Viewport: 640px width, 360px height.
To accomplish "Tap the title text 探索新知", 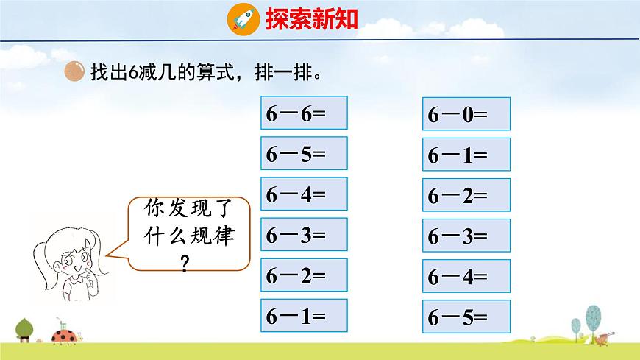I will tap(312, 18).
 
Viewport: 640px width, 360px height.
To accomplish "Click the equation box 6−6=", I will tap(304, 115).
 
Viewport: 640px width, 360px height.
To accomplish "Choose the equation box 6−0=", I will tap(466, 116).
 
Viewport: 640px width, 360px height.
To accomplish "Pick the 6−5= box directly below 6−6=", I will tap(304, 155).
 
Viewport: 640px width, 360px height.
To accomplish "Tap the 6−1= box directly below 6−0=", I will tap(466, 155).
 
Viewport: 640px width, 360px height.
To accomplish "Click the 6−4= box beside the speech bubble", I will tap(304, 195).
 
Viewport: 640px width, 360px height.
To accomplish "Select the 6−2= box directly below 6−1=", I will tap(466, 196).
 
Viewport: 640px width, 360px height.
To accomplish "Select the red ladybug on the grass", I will tap(62, 337).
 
